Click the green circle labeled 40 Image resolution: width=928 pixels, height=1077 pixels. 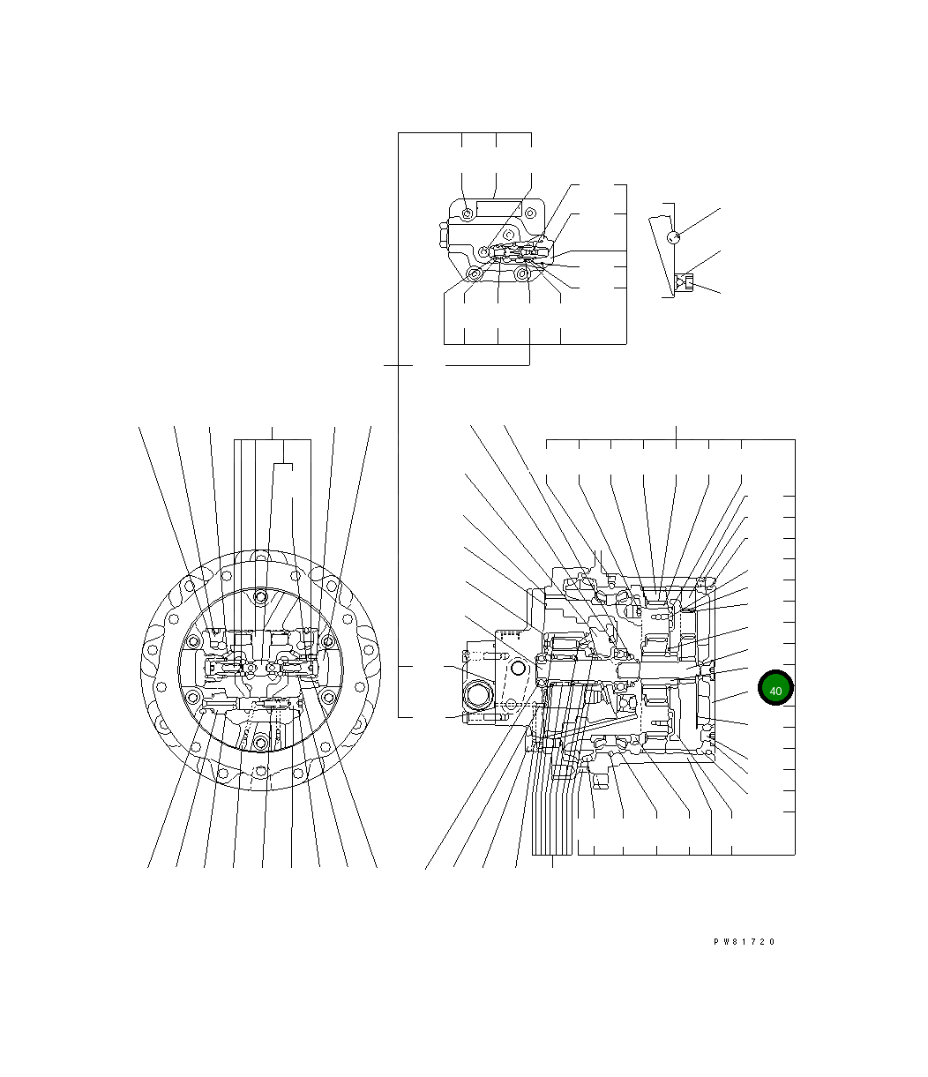775,688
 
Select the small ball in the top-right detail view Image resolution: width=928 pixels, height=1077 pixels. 674,237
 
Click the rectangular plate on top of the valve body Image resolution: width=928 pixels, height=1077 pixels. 498,209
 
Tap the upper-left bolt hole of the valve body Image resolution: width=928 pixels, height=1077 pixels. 468,213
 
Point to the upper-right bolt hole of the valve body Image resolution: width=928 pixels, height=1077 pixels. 530,213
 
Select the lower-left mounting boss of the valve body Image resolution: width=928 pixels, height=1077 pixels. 474,274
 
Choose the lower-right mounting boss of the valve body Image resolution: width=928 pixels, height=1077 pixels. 521,273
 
